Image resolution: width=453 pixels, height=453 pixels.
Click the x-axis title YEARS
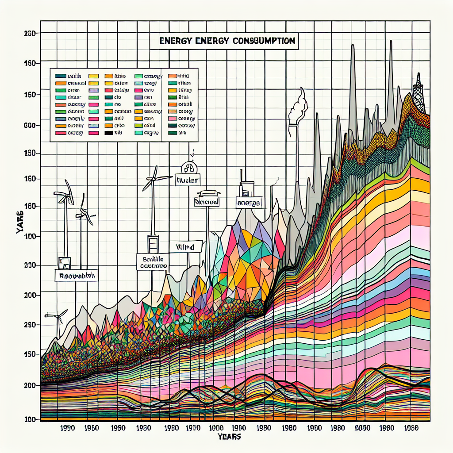[229, 437]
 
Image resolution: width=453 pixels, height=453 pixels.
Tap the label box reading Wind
[185, 246]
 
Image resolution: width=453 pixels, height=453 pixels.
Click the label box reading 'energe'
[248, 203]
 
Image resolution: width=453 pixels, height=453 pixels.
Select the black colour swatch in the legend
[108, 132]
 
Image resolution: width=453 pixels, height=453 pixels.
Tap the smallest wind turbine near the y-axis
[56, 316]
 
